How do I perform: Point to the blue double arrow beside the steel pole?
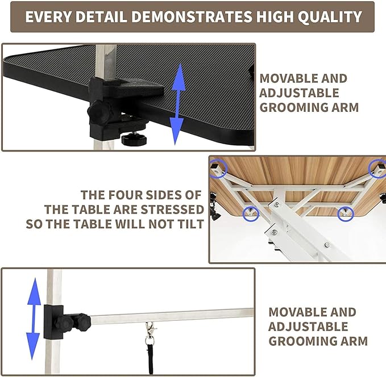click(x=35, y=317)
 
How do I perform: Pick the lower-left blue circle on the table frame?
click(x=250, y=213)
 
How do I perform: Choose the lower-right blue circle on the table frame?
click(x=346, y=213)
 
